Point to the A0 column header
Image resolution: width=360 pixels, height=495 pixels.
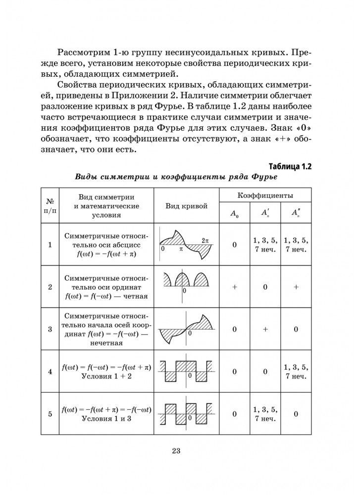tap(235, 213)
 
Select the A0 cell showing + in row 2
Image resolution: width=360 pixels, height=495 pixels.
tap(235, 287)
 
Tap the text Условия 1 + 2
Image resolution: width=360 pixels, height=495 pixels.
tap(106, 376)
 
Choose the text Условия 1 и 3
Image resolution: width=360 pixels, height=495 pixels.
tap(106, 419)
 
